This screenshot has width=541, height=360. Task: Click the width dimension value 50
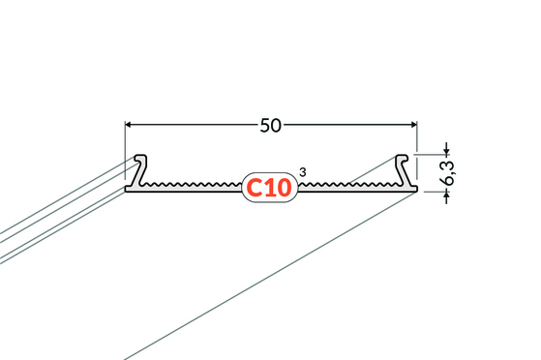271,125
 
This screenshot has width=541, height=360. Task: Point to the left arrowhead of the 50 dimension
129,125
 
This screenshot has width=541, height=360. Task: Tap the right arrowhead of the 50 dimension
413,125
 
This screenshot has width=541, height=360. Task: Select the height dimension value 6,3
448,173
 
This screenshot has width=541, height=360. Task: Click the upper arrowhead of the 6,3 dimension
447,151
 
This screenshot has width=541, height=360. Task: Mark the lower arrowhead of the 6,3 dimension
447,195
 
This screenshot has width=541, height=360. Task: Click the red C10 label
269,187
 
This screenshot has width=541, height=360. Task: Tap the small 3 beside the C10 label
303,172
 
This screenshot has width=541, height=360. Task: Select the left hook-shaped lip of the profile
139,169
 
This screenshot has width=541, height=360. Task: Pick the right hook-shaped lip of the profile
403,169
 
